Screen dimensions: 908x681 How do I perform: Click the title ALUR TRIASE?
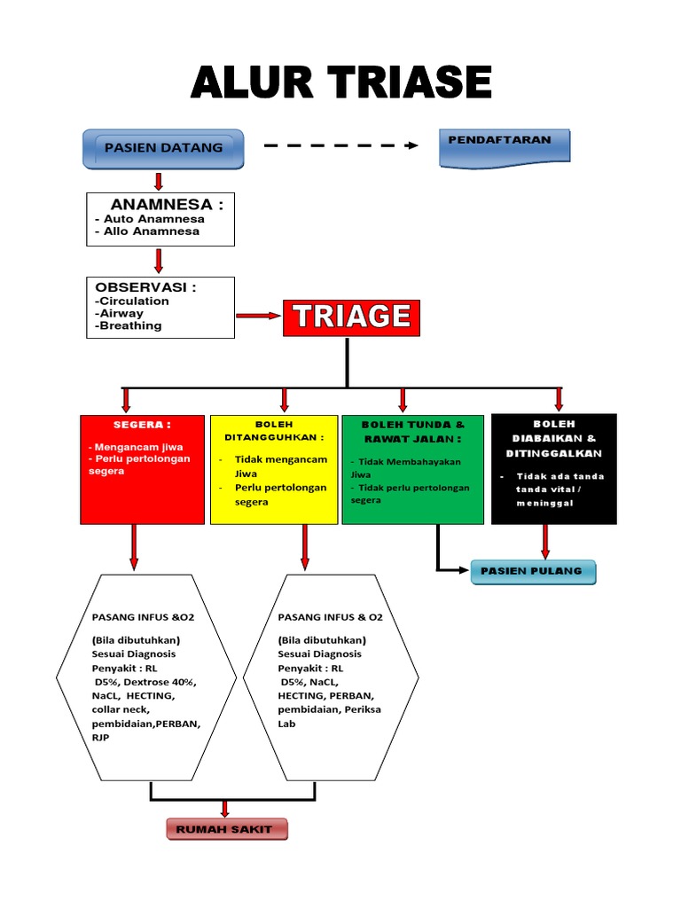click(341, 82)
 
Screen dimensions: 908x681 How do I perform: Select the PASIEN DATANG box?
click(163, 147)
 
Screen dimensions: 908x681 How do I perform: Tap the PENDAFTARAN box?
click(505, 145)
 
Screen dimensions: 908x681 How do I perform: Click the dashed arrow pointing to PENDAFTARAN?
click(341, 145)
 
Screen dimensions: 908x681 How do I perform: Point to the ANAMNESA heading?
click(167, 205)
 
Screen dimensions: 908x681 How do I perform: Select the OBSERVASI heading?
click(145, 287)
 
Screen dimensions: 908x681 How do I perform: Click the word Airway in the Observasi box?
click(121, 313)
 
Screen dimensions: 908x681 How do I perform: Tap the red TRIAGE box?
click(351, 317)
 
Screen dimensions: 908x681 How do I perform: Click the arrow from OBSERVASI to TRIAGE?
click(258, 316)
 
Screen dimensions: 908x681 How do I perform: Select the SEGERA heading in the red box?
click(130, 426)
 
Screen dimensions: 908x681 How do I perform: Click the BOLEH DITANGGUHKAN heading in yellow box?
click(273, 431)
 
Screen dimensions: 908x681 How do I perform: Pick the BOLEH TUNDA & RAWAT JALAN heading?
click(412, 431)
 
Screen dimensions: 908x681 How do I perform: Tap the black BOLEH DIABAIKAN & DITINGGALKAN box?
click(553, 469)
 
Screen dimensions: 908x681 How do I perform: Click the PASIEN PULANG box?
click(532, 572)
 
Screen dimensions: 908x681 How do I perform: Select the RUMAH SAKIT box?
click(227, 830)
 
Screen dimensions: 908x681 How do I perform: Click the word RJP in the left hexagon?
click(100, 737)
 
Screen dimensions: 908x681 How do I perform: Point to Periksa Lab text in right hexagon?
click(333, 716)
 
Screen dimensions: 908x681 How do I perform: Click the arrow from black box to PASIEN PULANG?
click(545, 541)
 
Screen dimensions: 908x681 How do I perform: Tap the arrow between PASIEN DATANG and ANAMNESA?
click(159, 181)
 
